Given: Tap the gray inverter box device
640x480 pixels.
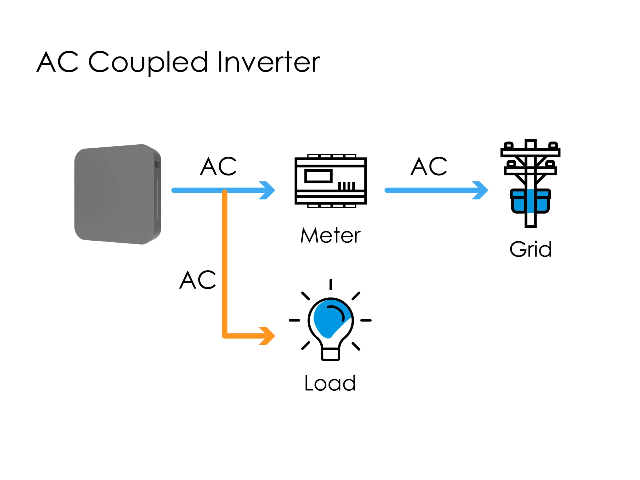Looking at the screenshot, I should (x=117, y=194).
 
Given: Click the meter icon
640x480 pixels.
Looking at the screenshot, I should (x=330, y=181).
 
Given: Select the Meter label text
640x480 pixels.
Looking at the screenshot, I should (x=330, y=235).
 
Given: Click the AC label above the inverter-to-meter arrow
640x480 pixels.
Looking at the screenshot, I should (x=218, y=167).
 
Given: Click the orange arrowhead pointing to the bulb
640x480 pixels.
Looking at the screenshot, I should (x=268, y=336).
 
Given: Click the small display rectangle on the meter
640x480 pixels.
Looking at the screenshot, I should (x=318, y=176).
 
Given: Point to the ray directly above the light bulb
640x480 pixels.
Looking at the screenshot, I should (x=330, y=284).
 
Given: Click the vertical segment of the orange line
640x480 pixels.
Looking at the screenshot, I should (x=224, y=260).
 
